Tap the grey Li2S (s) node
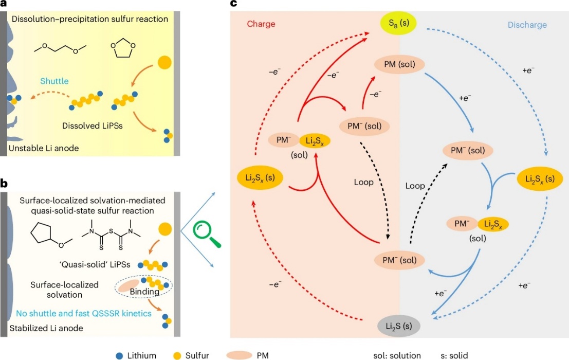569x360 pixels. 399,326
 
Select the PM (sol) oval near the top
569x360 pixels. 399,65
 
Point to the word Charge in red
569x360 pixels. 261,24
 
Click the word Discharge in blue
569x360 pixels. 527,25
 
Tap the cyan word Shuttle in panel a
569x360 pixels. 54,81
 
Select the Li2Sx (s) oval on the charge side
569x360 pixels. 260,178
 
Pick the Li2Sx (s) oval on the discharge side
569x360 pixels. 540,178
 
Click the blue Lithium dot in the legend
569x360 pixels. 120,356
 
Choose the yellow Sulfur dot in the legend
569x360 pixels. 177,356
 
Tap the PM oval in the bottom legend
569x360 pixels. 239,355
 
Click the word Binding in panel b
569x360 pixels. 144,292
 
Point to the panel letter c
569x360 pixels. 233,4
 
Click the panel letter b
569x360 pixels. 4,183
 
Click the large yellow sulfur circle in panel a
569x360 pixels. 164,63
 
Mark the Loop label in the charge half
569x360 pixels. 363,182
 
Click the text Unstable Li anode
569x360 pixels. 44,148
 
